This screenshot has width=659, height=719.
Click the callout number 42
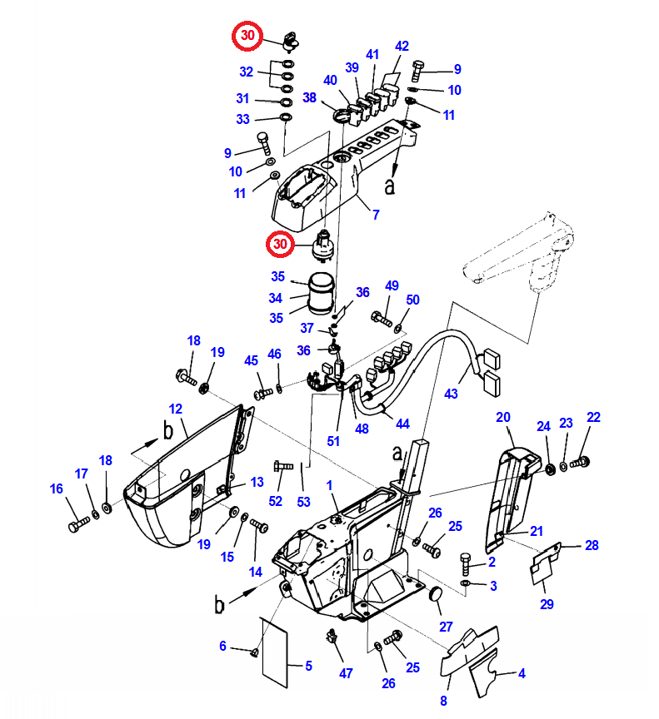[x=402, y=47]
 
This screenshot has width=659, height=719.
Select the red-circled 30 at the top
[x=247, y=36]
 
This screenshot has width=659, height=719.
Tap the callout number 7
[x=376, y=215]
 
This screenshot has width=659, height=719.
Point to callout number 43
[x=452, y=393]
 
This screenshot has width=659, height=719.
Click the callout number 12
[x=175, y=409]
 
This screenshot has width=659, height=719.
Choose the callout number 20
[x=503, y=417]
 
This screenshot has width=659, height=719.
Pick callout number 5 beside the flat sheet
[x=308, y=666]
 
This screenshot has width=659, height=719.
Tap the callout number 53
[x=304, y=503]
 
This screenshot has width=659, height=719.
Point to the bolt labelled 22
[x=581, y=460]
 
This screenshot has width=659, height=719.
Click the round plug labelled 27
[x=434, y=594]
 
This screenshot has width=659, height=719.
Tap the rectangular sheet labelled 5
[x=276, y=646]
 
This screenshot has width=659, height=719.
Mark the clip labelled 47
[x=333, y=637]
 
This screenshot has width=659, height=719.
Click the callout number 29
[x=547, y=604]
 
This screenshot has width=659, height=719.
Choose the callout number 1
[x=329, y=485]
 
